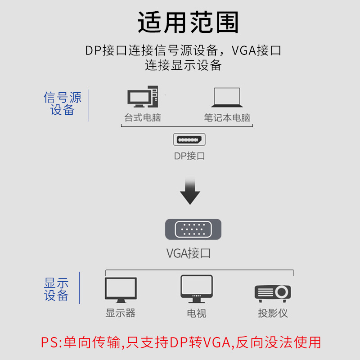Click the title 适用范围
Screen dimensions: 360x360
tap(188, 22)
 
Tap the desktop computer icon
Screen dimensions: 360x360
tap(142, 97)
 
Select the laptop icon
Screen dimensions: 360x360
tap(227, 97)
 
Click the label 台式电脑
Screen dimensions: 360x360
tap(142, 118)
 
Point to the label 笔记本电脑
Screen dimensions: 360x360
tap(227, 118)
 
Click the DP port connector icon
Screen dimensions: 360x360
tap(189, 139)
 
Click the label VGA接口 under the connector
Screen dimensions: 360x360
tap(189, 253)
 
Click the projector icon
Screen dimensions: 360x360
tap(273, 293)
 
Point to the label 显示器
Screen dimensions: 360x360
tap(121, 313)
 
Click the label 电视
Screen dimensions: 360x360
tap(197, 313)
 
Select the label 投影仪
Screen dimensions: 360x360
tap(273, 313)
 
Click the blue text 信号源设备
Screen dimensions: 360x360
tap(63, 104)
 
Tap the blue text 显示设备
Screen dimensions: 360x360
tap(56, 289)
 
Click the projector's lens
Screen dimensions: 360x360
tap(282, 292)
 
